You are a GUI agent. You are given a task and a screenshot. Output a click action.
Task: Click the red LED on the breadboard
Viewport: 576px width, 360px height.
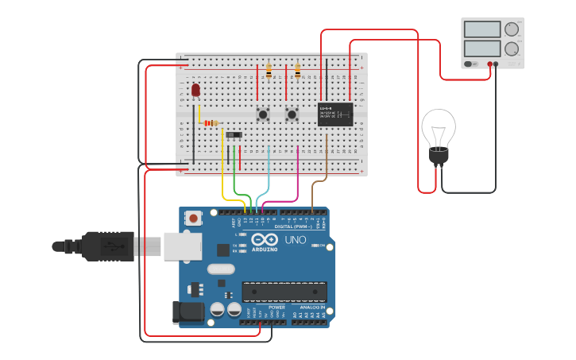point(195,90)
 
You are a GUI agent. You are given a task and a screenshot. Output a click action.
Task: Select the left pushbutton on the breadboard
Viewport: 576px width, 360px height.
point(262,114)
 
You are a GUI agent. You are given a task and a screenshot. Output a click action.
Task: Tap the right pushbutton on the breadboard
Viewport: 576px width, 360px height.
point(292,114)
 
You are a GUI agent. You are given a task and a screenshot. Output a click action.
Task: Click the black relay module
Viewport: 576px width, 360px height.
point(335,114)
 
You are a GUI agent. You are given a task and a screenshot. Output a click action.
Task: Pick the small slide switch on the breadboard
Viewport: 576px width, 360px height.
point(234,135)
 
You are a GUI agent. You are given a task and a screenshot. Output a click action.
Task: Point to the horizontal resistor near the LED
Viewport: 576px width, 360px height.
point(211,122)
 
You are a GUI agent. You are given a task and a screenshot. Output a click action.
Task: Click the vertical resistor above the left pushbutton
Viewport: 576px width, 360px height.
point(269,72)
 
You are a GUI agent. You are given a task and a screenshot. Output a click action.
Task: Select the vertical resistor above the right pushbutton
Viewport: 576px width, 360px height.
point(298,72)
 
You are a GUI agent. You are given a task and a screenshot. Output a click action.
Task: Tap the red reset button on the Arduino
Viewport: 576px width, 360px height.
point(193,218)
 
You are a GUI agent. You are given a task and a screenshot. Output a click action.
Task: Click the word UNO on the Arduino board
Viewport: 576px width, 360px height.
point(295,239)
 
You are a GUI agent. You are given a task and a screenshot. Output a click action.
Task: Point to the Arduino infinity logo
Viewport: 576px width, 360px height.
point(265,238)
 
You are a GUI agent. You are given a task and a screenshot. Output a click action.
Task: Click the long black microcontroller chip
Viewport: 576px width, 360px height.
point(284,292)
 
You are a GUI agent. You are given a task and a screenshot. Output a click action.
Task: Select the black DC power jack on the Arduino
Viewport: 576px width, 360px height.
point(187,312)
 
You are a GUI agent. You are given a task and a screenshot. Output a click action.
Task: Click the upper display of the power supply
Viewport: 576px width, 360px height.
point(481,30)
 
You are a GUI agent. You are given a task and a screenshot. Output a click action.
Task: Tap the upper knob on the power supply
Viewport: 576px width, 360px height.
point(512,29)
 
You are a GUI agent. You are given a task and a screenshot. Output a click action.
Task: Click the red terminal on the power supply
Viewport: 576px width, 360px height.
point(489,64)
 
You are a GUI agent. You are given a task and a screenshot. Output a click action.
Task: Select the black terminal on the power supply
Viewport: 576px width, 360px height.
point(497,64)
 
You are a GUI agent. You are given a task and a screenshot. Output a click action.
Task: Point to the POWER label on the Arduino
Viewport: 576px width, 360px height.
point(276,307)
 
